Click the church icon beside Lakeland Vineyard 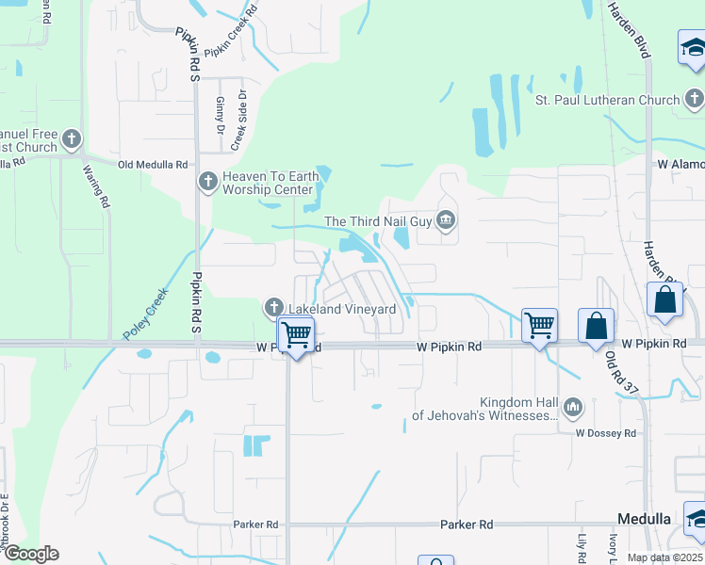click(274, 308)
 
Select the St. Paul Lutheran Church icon click(694, 99)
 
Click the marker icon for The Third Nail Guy click(446, 221)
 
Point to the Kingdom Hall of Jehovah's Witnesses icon click(573, 408)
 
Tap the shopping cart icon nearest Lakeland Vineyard click(297, 335)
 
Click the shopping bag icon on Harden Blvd click(664, 300)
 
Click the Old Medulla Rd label click(152, 164)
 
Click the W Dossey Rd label click(606, 433)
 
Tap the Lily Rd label click(582, 547)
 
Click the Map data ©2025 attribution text click(664, 557)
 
